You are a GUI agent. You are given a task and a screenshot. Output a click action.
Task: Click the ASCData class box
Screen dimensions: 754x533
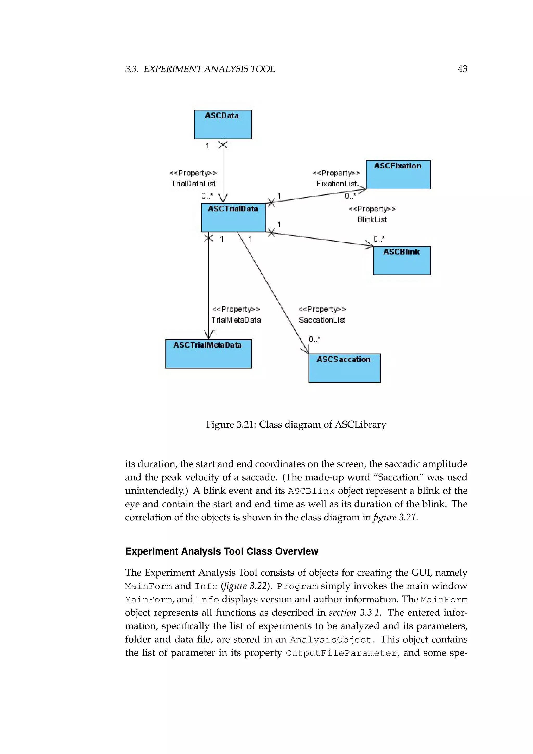point(223,124)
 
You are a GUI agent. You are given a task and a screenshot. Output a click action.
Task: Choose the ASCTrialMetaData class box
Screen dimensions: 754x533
point(208,354)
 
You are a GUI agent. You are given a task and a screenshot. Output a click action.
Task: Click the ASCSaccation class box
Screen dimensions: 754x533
point(344,368)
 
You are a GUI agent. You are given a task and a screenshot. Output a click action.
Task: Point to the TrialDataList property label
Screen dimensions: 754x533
point(193,184)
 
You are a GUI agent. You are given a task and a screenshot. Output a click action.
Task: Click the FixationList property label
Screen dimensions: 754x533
point(337,184)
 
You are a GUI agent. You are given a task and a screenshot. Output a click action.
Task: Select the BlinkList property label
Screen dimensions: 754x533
point(372,219)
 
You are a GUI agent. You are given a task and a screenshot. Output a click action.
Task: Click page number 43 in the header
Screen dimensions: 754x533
point(462,69)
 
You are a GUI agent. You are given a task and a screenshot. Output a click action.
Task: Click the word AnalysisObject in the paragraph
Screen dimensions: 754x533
point(331,640)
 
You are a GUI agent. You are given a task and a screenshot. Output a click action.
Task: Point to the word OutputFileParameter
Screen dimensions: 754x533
point(341,653)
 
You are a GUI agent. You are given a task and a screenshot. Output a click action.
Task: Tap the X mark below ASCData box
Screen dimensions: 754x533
point(223,144)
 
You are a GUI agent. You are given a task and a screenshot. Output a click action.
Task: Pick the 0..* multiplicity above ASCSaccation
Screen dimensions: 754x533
point(314,339)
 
